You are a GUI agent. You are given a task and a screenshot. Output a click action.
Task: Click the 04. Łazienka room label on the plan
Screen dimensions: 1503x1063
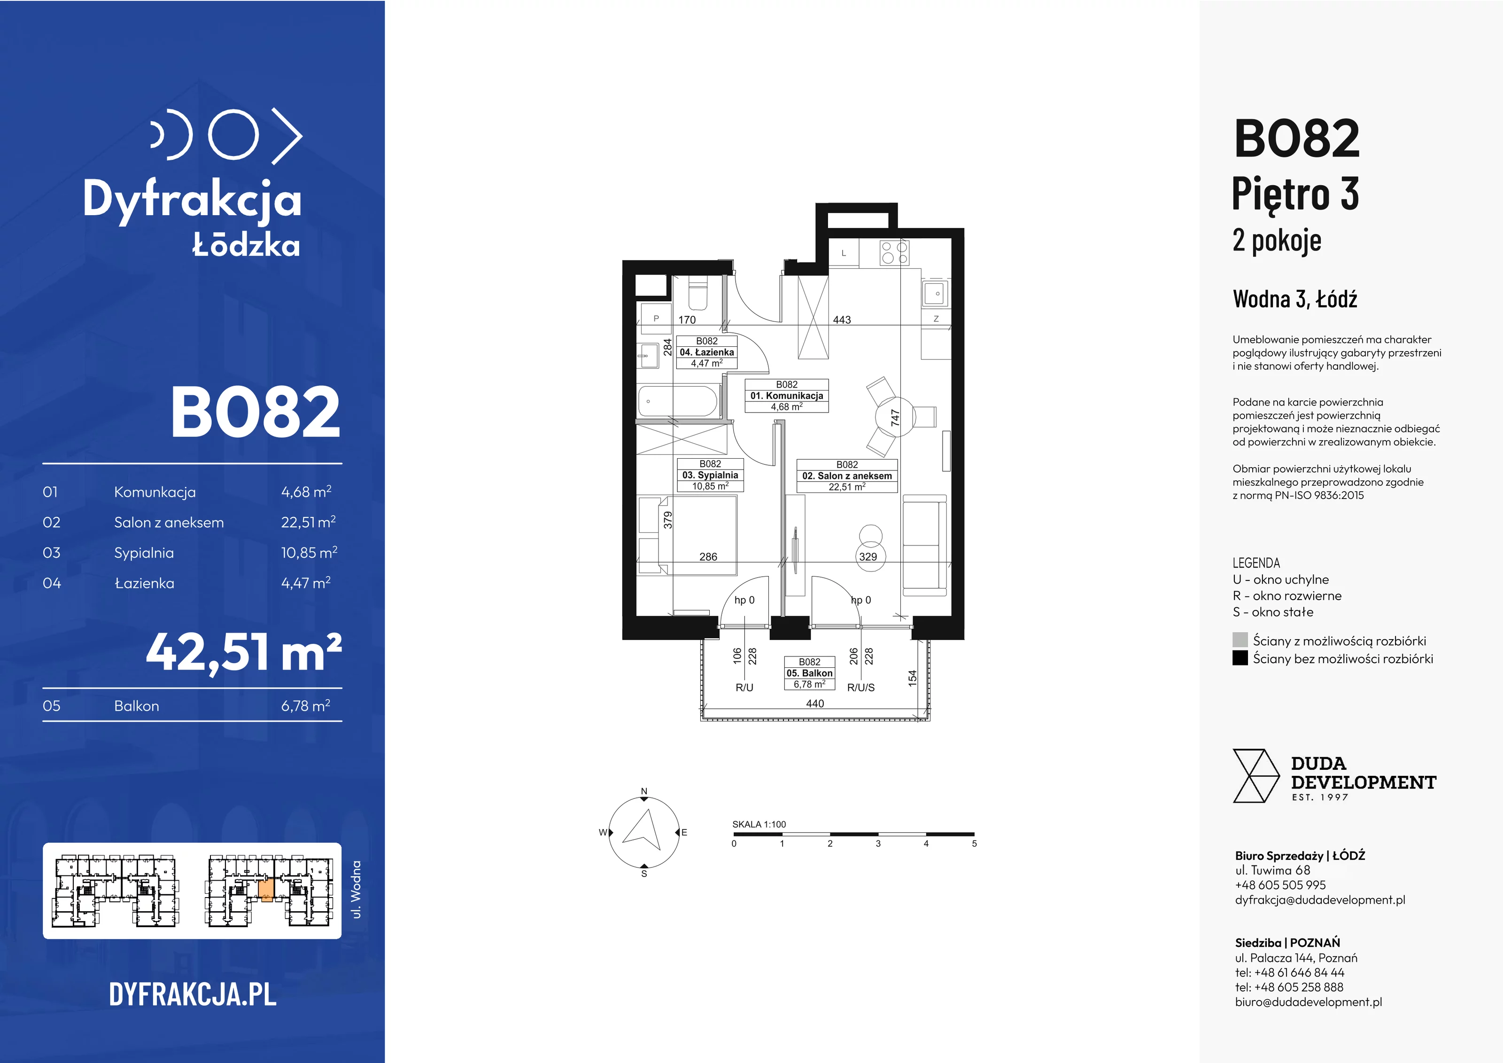[706, 352]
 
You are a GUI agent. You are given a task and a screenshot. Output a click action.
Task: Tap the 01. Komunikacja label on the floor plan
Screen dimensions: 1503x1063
[787, 396]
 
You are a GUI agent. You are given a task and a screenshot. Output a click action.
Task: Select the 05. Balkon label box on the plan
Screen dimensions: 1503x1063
[809, 672]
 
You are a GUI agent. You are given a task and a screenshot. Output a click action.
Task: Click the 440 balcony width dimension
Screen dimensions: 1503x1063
[815, 703]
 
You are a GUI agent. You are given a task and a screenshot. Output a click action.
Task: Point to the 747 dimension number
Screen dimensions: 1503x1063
[895, 418]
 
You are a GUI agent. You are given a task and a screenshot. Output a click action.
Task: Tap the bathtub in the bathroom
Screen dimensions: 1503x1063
[678, 401]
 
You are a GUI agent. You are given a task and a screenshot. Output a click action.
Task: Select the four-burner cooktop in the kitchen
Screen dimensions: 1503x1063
[894, 253]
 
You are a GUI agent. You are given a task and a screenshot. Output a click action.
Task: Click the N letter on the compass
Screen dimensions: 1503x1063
[644, 791]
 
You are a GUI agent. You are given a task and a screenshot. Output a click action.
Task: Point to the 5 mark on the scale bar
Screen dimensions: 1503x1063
[974, 844]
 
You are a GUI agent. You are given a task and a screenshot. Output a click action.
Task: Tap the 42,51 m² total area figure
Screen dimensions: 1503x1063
[243, 653]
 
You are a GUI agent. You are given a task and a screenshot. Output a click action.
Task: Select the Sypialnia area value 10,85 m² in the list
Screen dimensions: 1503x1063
[309, 552]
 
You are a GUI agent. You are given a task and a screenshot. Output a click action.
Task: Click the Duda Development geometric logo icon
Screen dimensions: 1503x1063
[1255, 776]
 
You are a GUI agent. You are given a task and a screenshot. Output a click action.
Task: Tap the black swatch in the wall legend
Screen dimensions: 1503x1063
[1240, 658]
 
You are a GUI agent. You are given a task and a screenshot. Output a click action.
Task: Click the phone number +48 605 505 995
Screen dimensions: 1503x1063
[1280, 885]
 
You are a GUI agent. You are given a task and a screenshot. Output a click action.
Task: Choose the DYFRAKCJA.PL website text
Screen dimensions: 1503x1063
[193, 994]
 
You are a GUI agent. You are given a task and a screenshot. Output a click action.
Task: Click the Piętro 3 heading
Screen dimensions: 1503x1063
[1295, 195]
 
